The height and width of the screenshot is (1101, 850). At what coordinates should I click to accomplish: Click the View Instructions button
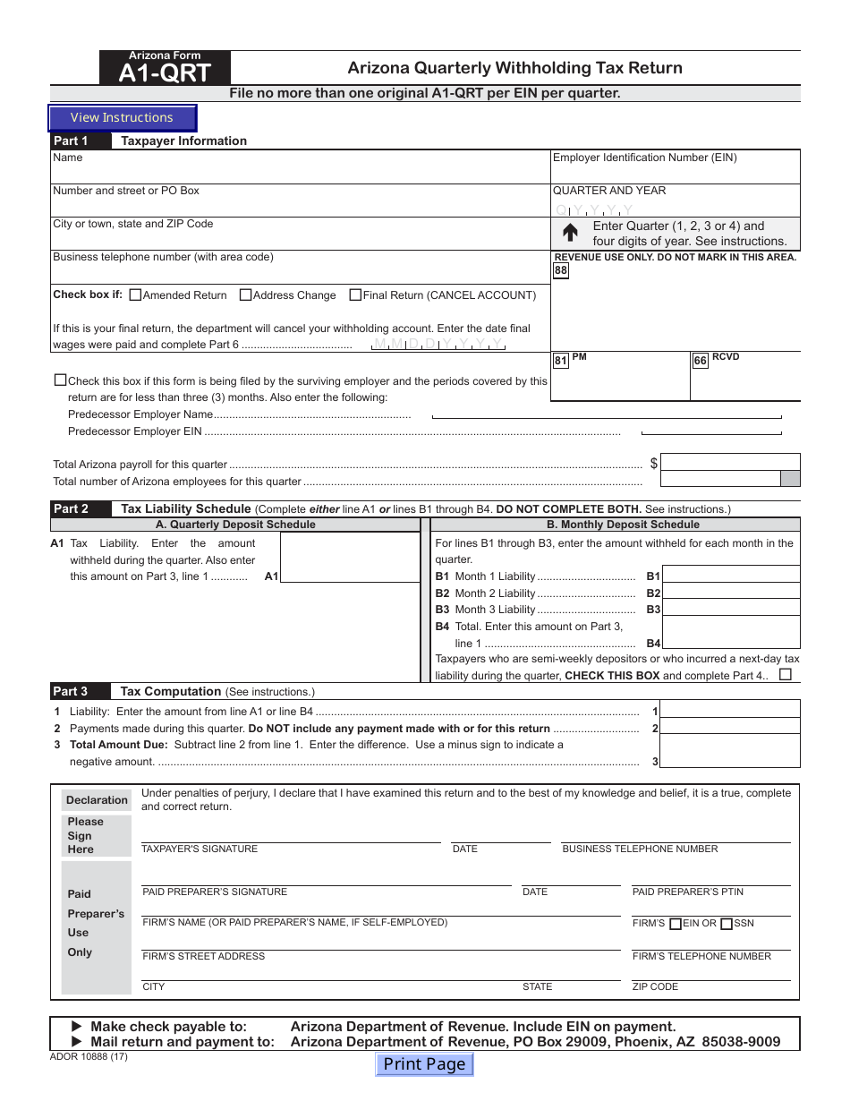pos(122,118)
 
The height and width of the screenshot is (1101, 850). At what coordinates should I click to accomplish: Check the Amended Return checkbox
pos(136,294)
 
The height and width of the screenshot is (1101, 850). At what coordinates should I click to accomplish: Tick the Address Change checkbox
pos(246,294)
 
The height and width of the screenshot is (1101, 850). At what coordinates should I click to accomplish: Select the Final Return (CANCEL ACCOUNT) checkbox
pos(355,294)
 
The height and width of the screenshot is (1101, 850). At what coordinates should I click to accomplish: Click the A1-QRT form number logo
pos(166,69)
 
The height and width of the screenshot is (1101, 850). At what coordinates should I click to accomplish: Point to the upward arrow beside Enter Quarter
pos(570,234)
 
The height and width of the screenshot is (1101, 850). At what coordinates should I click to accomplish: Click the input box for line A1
pos(350,558)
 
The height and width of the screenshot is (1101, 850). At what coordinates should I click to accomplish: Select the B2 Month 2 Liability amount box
pos(731,593)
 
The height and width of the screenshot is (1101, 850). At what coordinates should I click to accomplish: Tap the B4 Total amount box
pos(731,643)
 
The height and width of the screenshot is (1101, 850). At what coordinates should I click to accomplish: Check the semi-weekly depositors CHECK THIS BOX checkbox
pos(786,675)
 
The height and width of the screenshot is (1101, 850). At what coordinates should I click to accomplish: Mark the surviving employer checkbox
pos(60,380)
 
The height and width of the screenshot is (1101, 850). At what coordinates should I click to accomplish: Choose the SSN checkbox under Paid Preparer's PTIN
pos(727,924)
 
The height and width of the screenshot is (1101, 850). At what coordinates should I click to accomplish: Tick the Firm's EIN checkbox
pos(676,924)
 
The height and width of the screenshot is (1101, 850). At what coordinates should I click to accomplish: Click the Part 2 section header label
pos(72,509)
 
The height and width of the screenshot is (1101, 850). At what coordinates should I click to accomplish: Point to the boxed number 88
pos(561,270)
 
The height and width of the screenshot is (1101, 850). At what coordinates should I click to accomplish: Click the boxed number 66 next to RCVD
pos(701,361)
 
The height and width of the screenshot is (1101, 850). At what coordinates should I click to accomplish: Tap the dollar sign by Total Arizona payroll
pos(654,463)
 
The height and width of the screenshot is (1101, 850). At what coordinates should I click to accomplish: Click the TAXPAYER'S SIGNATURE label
pos(200,849)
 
